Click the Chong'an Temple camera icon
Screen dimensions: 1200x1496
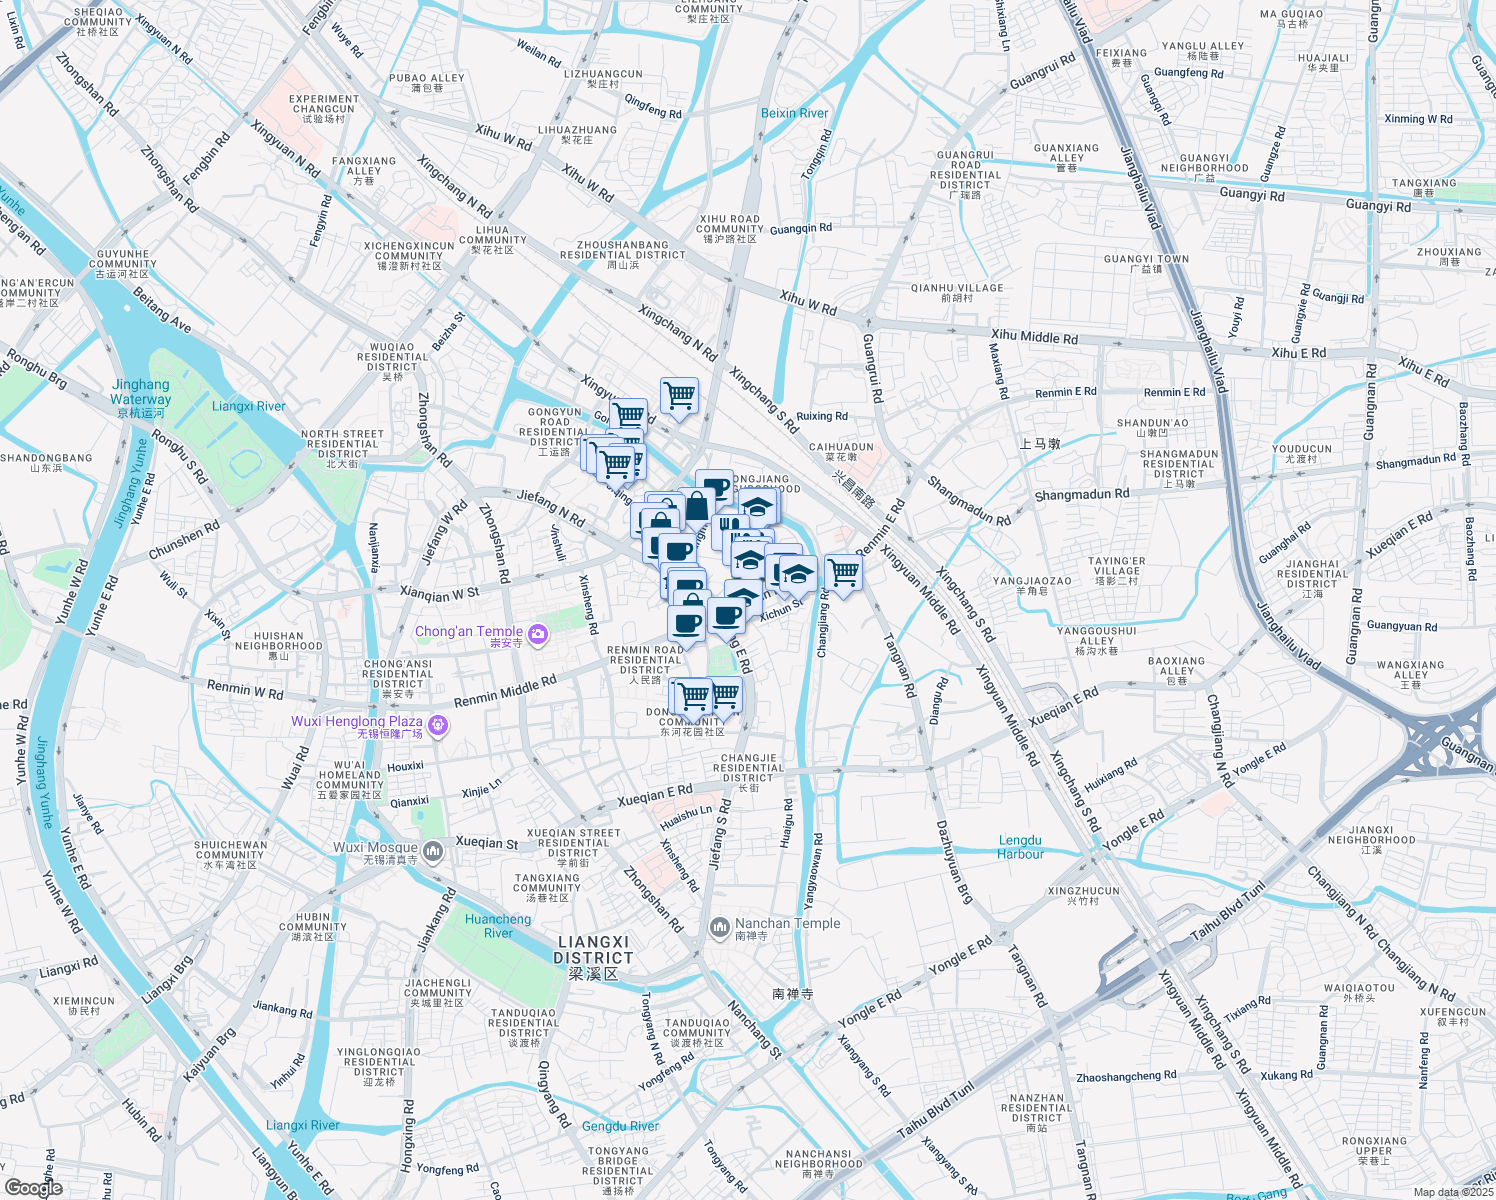pyautogui.click(x=538, y=634)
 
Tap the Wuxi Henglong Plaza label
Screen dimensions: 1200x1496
pyautogui.click(x=357, y=721)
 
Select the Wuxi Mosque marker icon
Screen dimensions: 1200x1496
pyautogui.click(x=433, y=851)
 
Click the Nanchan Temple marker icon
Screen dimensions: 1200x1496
pyautogui.click(x=719, y=928)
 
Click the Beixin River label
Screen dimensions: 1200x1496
pyautogui.click(x=794, y=113)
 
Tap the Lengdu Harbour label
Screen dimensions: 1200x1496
pyautogui.click(x=1020, y=847)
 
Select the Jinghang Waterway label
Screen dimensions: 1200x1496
pyautogui.click(x=141, y=391)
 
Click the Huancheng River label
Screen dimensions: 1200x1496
pyautogui.click(x=498, y=926)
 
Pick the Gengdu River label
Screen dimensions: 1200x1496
pyautogui.click(x=620, y=1126)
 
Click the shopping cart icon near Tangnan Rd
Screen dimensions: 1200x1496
pyautogui.click(x=844, y=572)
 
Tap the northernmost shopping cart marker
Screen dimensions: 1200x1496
pyautogui.click(x=679, y=395)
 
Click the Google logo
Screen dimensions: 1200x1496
pyautogui.click(x=33, y=1188)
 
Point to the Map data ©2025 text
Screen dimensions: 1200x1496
pyautogui.click(x=1452, y=1192)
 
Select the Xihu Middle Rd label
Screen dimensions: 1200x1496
pyautogui.click(x=1034, y=337)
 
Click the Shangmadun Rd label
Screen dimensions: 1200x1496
pyautogui.click(x=1081, y=494)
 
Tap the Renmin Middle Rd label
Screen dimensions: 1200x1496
pyautogui.click(x=505, y=691)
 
